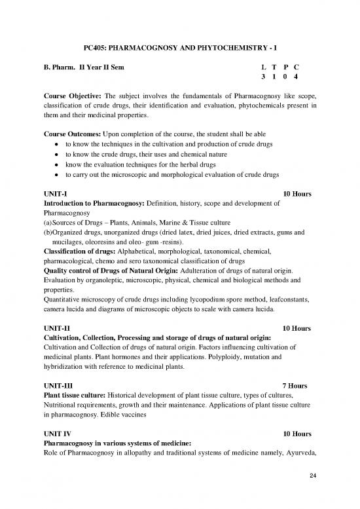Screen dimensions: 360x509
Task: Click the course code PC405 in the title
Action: pos(98,48)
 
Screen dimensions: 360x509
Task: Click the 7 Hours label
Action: pos(296,387)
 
